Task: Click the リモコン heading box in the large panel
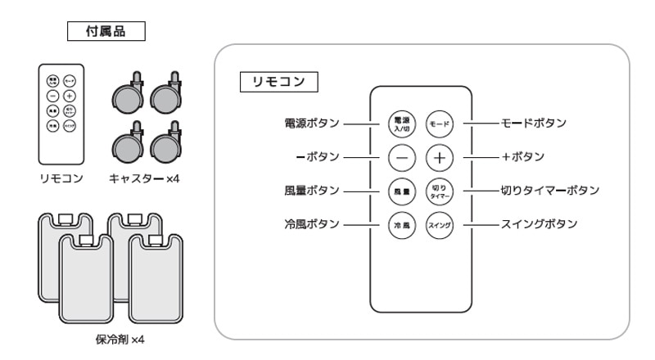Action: [278, 83]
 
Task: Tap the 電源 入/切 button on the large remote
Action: [401, 124]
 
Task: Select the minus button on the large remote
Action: [401, 156]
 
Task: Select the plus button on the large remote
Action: [440, 156]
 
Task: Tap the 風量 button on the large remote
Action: [401, 191]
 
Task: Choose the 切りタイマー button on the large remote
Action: [440, 191]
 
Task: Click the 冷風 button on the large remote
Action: [401, 224]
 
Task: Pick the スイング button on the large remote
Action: [440, 224]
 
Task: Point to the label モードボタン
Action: [533, 124]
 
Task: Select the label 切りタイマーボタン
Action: [550, 191]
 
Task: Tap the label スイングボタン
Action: [539, 224]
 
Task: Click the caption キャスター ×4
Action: [143, 178]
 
